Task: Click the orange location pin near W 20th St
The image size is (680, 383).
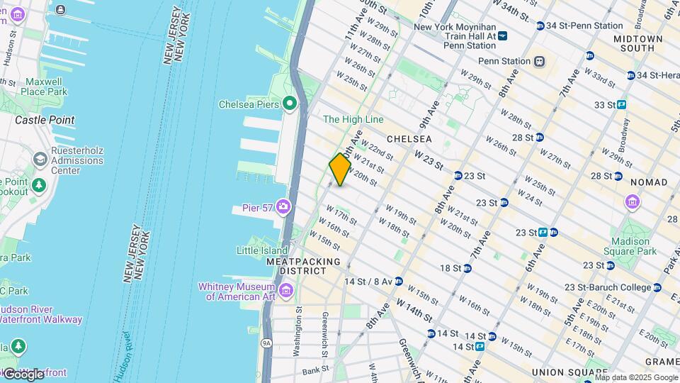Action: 340,170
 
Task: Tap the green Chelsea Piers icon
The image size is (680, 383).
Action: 289,104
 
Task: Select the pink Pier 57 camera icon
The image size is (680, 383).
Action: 283,206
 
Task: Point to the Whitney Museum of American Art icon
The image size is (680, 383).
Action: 286,291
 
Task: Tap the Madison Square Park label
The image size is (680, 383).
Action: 630,246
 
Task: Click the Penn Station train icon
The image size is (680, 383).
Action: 540,61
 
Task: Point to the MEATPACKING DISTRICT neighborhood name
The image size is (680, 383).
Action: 303,267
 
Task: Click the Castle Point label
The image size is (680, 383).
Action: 45,120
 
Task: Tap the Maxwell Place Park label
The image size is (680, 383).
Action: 43,87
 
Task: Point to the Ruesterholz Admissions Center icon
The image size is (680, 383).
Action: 39,160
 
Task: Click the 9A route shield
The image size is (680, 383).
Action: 266,343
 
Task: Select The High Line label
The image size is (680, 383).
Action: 353,119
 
